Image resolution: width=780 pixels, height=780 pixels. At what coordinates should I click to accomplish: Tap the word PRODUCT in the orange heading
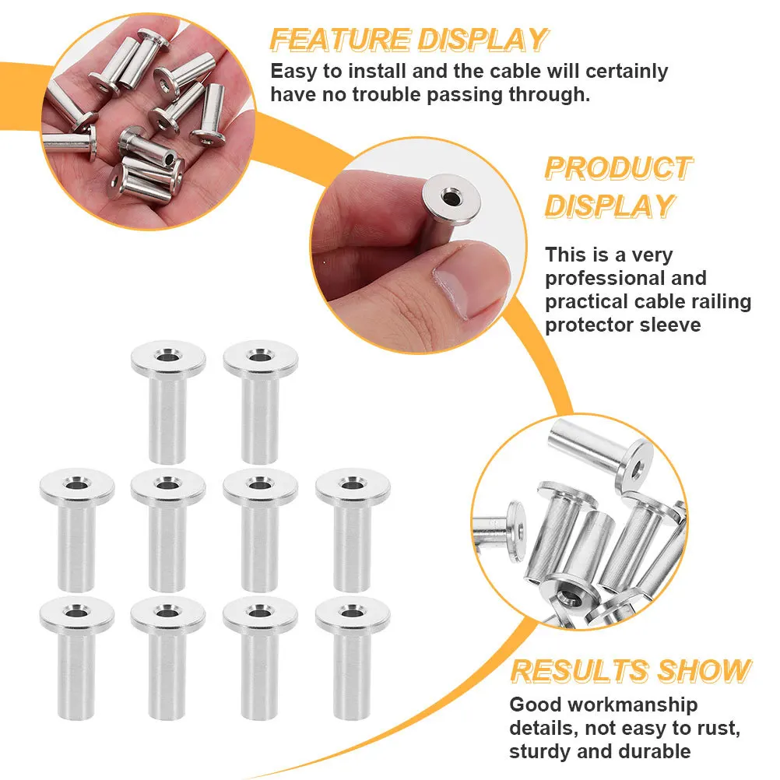pyautogui.click(x=618, y=167)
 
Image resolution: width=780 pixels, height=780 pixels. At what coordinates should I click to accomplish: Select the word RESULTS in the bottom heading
pyautogui.click(x=580, y=670)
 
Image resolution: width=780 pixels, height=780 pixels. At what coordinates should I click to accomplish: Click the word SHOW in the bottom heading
pyautogui.click(x=704, y=670)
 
